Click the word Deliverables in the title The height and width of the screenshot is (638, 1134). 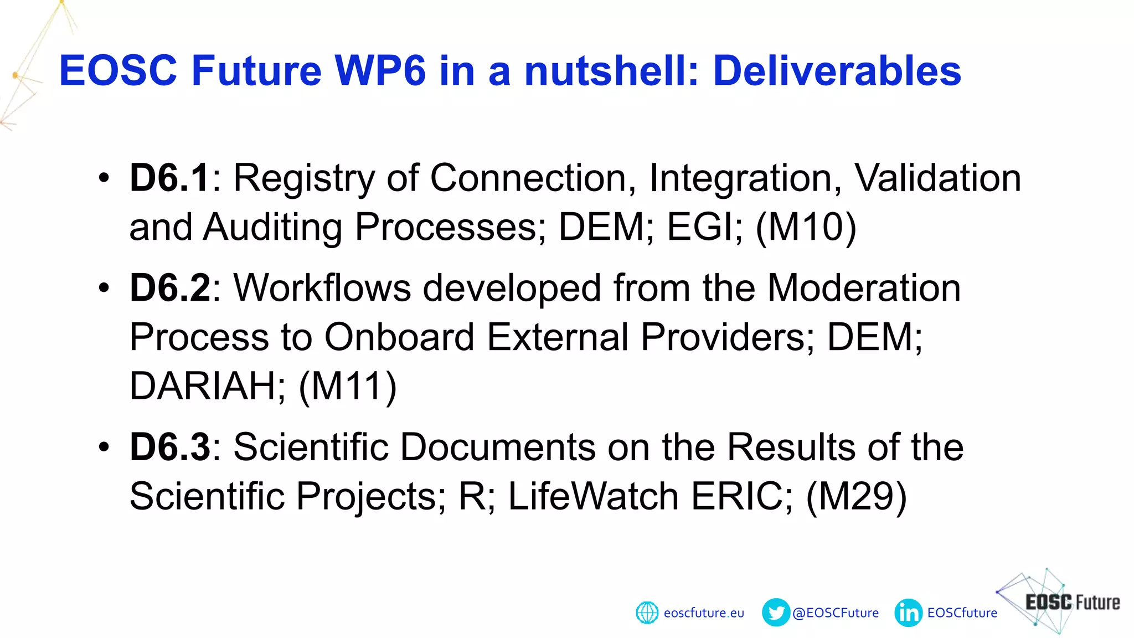point(837,71)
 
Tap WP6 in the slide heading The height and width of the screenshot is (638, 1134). point(380,71)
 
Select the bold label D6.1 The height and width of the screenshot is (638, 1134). point(169,178)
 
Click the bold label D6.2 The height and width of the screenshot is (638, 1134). point(169,288)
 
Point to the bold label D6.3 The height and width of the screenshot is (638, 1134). point(169,447)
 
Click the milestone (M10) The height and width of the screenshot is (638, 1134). point(806,227)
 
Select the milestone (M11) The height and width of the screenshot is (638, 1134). point(348,386)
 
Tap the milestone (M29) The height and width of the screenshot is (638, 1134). point(856,496)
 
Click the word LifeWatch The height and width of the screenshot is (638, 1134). point(593,496)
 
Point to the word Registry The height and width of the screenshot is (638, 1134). point(304,178)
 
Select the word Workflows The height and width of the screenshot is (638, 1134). point(322,288)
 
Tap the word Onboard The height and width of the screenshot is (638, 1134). point(399,337)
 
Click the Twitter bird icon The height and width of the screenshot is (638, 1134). point(776,613)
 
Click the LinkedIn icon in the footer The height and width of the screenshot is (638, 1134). point(908,613)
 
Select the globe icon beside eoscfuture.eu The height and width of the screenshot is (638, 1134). point(647,613)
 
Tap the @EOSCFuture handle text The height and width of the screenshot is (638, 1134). point(836,613)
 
